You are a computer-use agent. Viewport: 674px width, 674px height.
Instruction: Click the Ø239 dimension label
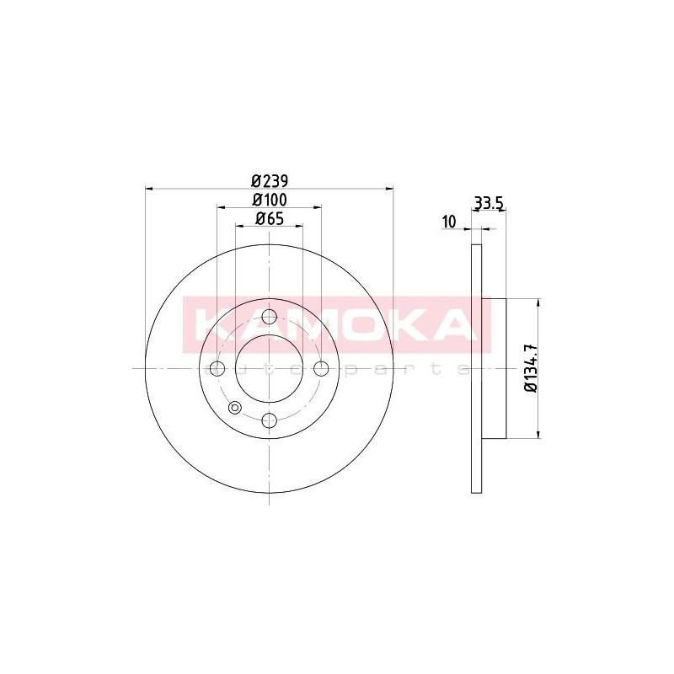[x=270, y=181]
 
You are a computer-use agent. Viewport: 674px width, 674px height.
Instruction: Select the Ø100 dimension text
[x=270, y=200]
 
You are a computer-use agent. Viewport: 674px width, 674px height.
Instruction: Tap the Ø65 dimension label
[x=270, y=219]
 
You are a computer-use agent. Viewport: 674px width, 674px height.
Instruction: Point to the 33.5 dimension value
[x=489, y=202]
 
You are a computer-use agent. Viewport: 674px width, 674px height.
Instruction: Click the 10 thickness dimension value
[x=448, y=222]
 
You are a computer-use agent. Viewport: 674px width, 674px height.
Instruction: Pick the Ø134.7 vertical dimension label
[x=532, y=368]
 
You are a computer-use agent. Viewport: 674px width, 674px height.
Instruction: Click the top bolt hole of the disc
[x=269, y=317]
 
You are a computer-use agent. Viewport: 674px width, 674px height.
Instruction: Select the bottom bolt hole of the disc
[x=269, y=420]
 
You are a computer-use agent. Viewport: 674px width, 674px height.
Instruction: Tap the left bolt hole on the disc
[x=217, y=368]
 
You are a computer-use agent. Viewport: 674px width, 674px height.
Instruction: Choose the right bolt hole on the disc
[x=321, y=368]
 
